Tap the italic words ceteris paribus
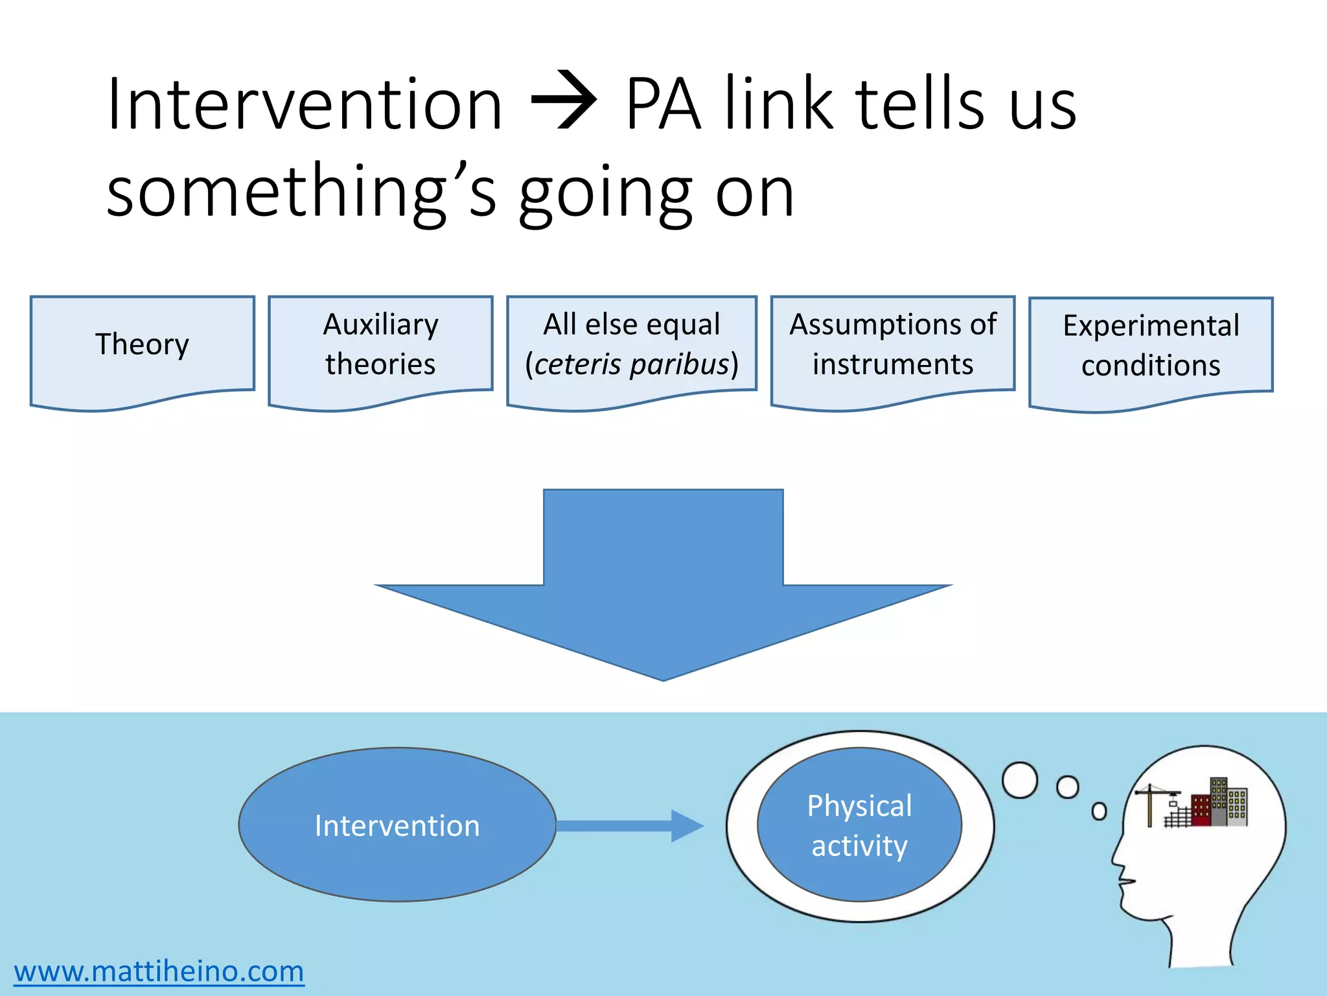(x=632, y=364)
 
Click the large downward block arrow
(x=663, y=584)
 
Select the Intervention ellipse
(x=397, y=825)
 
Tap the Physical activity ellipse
(x=859, y=825)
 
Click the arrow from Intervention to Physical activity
(x=629, y=825)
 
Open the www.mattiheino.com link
(x=159, y=971)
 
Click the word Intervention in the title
(x=305, y=104)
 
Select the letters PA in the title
(x=663, y=104)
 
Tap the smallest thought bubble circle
(x=1099, y=811)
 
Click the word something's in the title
(x=301, y=192)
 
